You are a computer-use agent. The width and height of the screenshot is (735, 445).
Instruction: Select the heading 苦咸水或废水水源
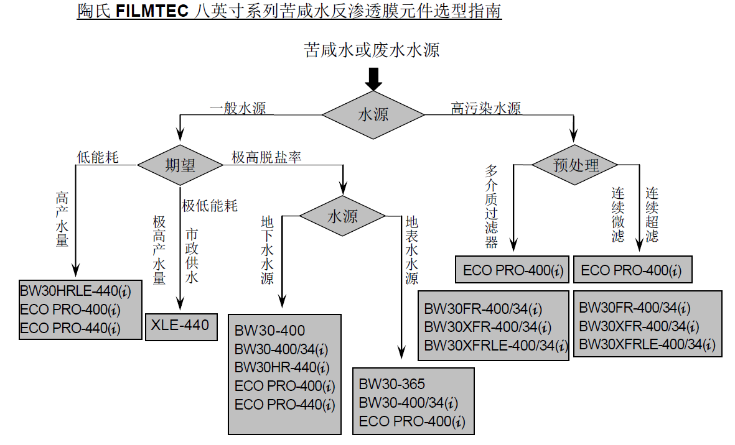click(x=372, y=50)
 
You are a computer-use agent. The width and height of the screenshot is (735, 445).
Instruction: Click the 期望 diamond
click(x=180, y=165)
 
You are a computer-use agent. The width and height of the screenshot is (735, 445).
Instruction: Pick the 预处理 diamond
click(x=575, y=165)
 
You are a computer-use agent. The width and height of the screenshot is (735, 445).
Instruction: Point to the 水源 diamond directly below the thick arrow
click(x=373, y=114)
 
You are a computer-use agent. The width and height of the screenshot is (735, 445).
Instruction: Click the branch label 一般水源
click(x=238, y=108)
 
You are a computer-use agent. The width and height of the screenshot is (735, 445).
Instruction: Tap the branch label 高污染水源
click(x=486, y=108)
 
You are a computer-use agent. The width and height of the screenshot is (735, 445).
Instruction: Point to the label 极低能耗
click(x=210, y=205)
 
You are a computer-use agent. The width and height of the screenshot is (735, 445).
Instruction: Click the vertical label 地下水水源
click(x=267, y=249)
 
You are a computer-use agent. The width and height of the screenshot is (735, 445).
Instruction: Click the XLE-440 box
click(x=180, y=324)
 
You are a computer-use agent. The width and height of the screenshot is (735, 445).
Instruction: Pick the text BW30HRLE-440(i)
click(x=76, y=290)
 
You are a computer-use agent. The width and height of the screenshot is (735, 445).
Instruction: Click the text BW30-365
click(x=392, y=383)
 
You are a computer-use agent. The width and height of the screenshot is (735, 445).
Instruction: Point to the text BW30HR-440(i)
click(x=282, y=367)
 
